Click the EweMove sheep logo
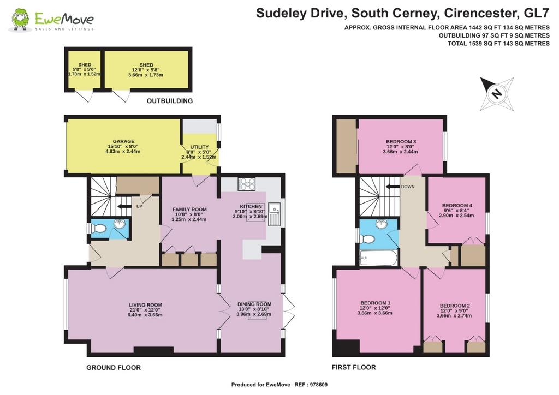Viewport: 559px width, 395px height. coord(20,20)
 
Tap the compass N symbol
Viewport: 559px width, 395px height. coord(497,94)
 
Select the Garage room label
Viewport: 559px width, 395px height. coord(123,146)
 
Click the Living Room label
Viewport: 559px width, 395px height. coord(145,310)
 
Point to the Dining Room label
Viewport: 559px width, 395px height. coord(254,309)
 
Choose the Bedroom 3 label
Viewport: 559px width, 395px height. coord(401,146)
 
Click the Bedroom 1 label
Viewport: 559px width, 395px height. coord(374,308)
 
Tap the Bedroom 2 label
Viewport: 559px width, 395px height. coord(455,310)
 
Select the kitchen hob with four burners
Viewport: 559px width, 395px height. coord(247,184)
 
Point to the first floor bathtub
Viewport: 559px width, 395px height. coord(378,258)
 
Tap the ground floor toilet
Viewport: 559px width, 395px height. coord(98,228)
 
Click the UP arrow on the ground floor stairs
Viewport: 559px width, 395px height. coord(124,206)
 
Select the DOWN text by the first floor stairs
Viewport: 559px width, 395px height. coord(407,187)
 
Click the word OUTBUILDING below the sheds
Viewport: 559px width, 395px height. coord(170,101)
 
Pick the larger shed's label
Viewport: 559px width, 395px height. coord(146,70)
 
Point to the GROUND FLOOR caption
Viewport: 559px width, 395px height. coord(114,367)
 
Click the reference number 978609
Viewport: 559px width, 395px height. coord(319,385)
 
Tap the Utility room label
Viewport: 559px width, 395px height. coord(199,152)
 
